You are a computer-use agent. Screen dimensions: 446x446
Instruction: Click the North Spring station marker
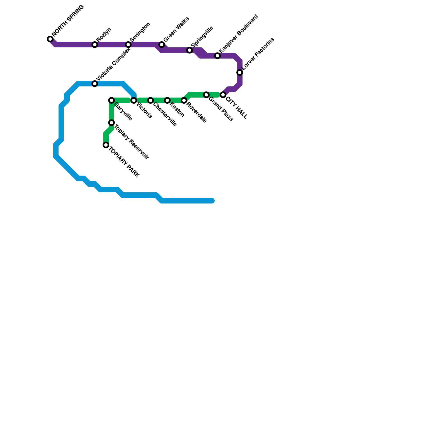[x=50, y=39]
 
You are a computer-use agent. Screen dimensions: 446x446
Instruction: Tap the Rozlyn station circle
[x=95, y=45]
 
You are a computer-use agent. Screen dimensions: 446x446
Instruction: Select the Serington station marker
[x=128, y=45]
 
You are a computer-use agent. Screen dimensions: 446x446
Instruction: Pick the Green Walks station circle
[x=162, y=45]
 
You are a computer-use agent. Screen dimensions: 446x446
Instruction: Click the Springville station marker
[x=190, y=50]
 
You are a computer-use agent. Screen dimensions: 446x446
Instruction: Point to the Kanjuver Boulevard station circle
[x=217, y=56]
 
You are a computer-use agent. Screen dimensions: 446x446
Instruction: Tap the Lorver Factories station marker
[x=240, y=72]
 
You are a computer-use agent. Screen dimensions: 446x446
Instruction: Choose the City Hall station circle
[x=223, y=95]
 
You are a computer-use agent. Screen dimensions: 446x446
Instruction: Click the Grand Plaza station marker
[x=206, y=95]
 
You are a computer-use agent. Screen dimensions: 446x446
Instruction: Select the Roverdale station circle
[x=184, y=100]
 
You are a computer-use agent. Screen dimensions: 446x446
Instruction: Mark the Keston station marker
[x=167, y=100]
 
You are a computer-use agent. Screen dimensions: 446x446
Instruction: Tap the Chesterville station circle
[x=151, y=100]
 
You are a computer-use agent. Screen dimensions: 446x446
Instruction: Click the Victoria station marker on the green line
[x=134, y=100]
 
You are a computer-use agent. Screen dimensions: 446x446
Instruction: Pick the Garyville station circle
[x=111, y=100]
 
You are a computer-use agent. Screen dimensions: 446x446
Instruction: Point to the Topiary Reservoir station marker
[x=111, y=123]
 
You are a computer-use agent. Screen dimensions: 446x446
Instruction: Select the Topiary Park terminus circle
[x=106, y=145]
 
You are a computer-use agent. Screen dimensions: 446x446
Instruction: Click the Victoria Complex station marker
[x=95, y=84]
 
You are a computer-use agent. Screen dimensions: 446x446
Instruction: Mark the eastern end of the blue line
[x=212, y=201]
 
